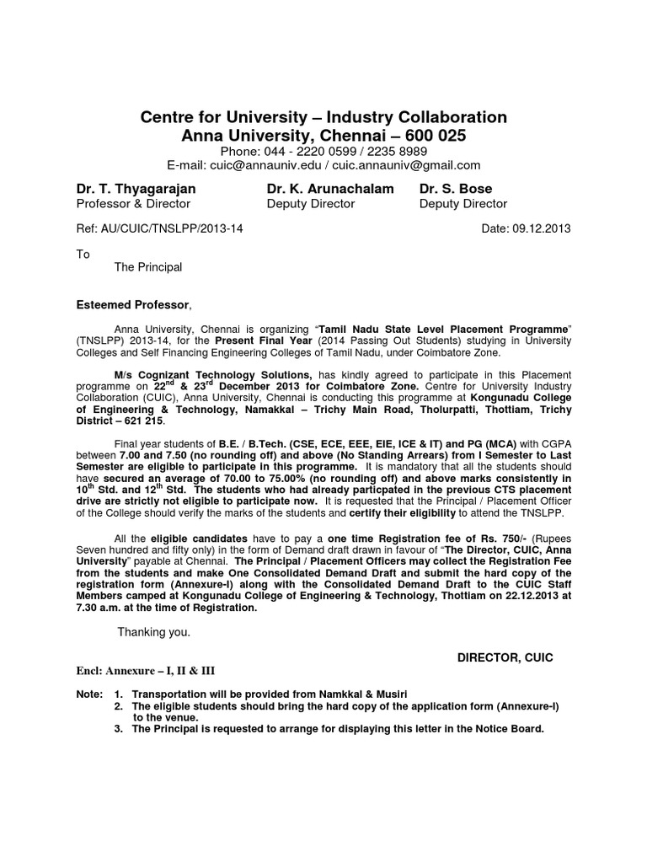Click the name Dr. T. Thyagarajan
135,189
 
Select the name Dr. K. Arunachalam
330,189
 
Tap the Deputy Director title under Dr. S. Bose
463,204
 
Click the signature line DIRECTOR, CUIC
505,657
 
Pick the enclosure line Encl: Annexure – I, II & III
145,671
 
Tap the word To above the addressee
83,254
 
